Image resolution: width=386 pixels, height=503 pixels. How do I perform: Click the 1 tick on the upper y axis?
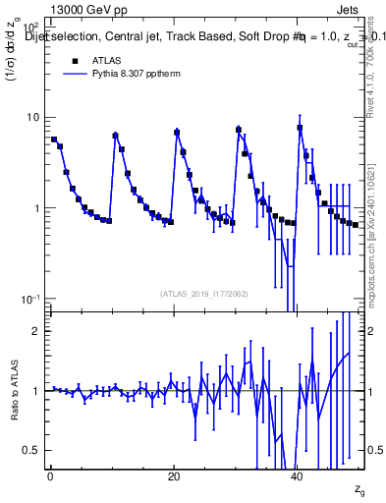point(34,209)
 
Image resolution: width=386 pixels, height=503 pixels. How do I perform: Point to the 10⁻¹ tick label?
point(28,300)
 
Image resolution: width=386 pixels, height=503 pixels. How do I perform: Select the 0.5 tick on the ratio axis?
point(31,450)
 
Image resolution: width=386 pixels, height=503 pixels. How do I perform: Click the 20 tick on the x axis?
point(173,478)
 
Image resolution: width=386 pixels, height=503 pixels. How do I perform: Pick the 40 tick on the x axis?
point(297,478)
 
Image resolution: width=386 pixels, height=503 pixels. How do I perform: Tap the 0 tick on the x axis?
point(49,478)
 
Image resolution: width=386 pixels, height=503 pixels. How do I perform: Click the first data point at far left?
point(54,140)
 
